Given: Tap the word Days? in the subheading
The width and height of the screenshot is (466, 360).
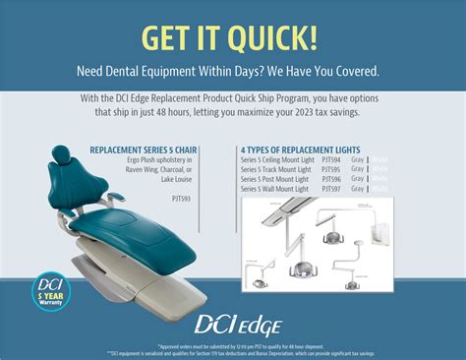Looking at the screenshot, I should [262, 72].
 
